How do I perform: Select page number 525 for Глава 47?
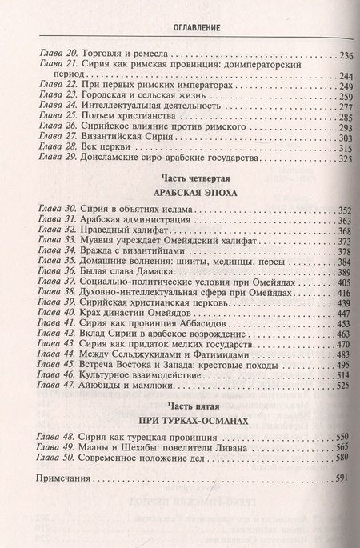(342, 386)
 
